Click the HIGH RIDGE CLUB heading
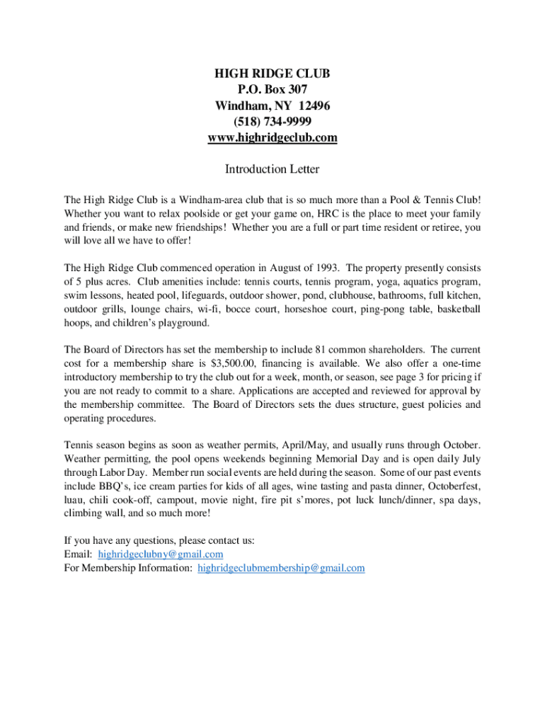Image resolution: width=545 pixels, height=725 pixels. pos(272,74)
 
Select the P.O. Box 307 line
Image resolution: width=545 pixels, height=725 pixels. pos(272,90)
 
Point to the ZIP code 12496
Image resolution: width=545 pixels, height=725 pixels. pos(314,105)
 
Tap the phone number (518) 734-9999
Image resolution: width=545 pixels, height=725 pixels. pos(272,122)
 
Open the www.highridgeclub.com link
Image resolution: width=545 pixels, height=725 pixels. pos(272,137)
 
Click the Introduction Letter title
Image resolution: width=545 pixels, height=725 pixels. pos(272,169)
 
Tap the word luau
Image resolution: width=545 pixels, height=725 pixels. pos(74,500)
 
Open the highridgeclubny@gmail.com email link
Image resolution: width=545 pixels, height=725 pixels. pos(161,554)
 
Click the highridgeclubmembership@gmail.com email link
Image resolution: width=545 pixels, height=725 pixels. pos(281,568)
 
